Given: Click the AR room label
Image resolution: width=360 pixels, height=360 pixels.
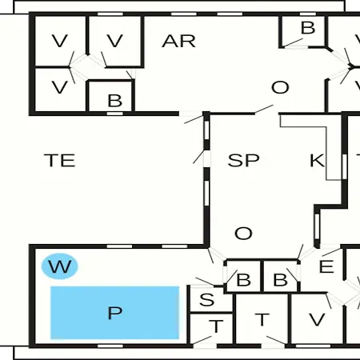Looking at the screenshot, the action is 178,42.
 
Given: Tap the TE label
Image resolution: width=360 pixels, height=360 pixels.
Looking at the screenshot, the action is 60,160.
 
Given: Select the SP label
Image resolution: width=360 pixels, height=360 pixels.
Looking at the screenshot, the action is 243,160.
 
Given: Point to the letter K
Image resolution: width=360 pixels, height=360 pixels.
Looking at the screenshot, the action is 317,160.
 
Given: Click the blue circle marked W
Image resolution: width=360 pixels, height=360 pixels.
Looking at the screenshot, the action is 60,266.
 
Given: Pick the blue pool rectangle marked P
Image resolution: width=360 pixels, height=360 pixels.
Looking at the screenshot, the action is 114,313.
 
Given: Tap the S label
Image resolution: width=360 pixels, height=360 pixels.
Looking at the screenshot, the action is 207,299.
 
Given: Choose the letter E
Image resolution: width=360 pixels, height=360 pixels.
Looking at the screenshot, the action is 326,266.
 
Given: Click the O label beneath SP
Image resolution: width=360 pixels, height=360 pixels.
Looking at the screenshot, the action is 243,234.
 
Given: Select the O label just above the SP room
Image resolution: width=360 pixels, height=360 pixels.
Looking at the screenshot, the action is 280,87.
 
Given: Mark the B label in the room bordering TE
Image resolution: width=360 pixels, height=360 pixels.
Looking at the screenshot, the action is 115,101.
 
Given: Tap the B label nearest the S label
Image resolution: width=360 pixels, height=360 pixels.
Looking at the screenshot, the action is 244,280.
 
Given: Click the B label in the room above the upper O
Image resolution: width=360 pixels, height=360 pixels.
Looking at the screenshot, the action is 308,28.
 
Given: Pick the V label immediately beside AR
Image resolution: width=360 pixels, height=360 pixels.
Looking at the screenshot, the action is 115,41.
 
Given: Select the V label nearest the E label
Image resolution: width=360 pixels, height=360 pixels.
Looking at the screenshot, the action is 317,319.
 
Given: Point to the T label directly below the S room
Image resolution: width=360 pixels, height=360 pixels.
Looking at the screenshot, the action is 216,326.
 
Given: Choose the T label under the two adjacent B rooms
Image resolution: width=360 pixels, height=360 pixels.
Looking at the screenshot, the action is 262,319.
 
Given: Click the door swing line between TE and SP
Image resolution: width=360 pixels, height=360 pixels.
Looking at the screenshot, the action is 198,157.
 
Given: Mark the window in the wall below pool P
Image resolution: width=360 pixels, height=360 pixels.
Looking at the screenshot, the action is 110,346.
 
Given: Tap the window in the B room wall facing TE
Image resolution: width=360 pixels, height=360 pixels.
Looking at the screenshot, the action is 115,114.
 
